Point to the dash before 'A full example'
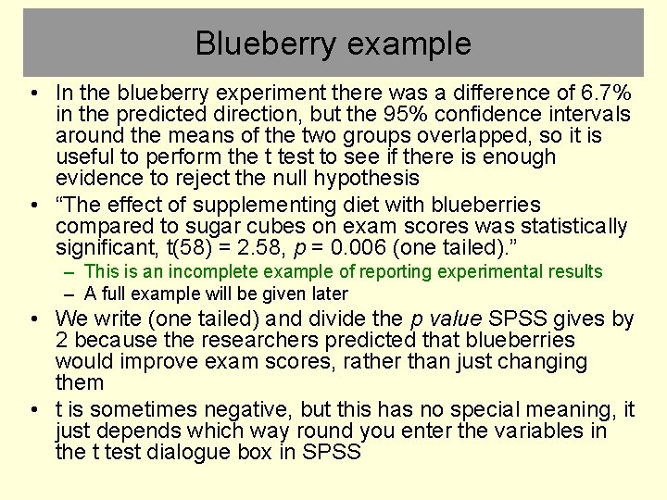tap(70, 294)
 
